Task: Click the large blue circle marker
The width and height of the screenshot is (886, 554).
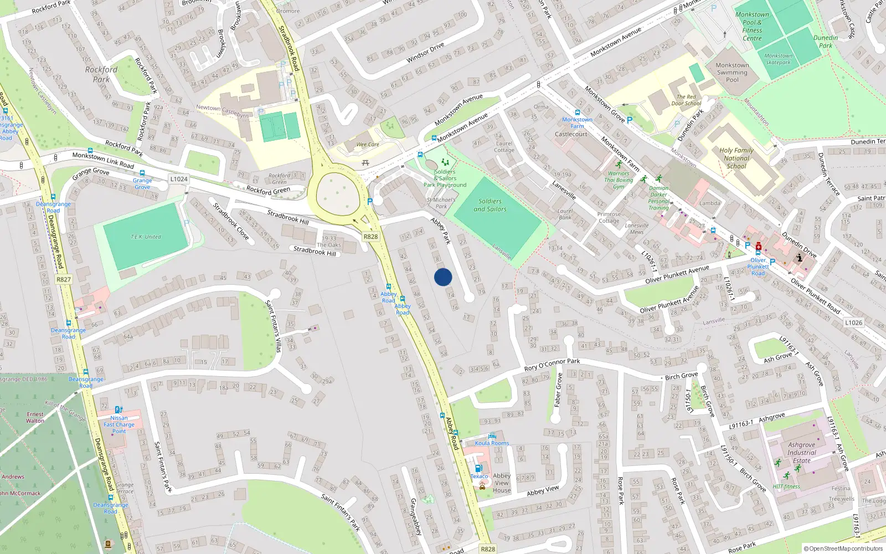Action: tap(443, 277)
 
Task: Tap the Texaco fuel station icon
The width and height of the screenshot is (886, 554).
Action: tap(479, 469)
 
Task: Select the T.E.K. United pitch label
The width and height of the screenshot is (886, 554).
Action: tap(146, 237)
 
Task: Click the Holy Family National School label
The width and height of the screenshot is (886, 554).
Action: tap(736, 158)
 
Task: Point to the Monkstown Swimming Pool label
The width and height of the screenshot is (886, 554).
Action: tap(732, 73)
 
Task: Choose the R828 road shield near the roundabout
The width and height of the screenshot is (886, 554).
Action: tap(370, 237)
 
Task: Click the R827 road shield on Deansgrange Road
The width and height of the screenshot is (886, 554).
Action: tap(64, 279)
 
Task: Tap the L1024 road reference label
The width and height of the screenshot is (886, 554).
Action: tap(179, 179)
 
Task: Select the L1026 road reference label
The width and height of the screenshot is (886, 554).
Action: tap(853, 322)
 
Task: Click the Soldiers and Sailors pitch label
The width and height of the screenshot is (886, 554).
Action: tap(490, 205)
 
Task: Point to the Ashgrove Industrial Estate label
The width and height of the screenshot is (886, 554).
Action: tap(801, 453)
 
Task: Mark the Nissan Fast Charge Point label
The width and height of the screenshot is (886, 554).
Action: tap(119, 424)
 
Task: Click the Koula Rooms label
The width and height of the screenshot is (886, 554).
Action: tap(492, 443)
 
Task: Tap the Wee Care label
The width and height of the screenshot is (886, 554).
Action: tap(368, 145)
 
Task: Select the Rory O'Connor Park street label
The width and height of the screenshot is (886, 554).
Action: tap(552, 365)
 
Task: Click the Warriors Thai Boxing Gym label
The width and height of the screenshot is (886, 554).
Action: tap(619, 179)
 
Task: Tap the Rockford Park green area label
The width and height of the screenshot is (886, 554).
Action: tap(101, 74)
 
